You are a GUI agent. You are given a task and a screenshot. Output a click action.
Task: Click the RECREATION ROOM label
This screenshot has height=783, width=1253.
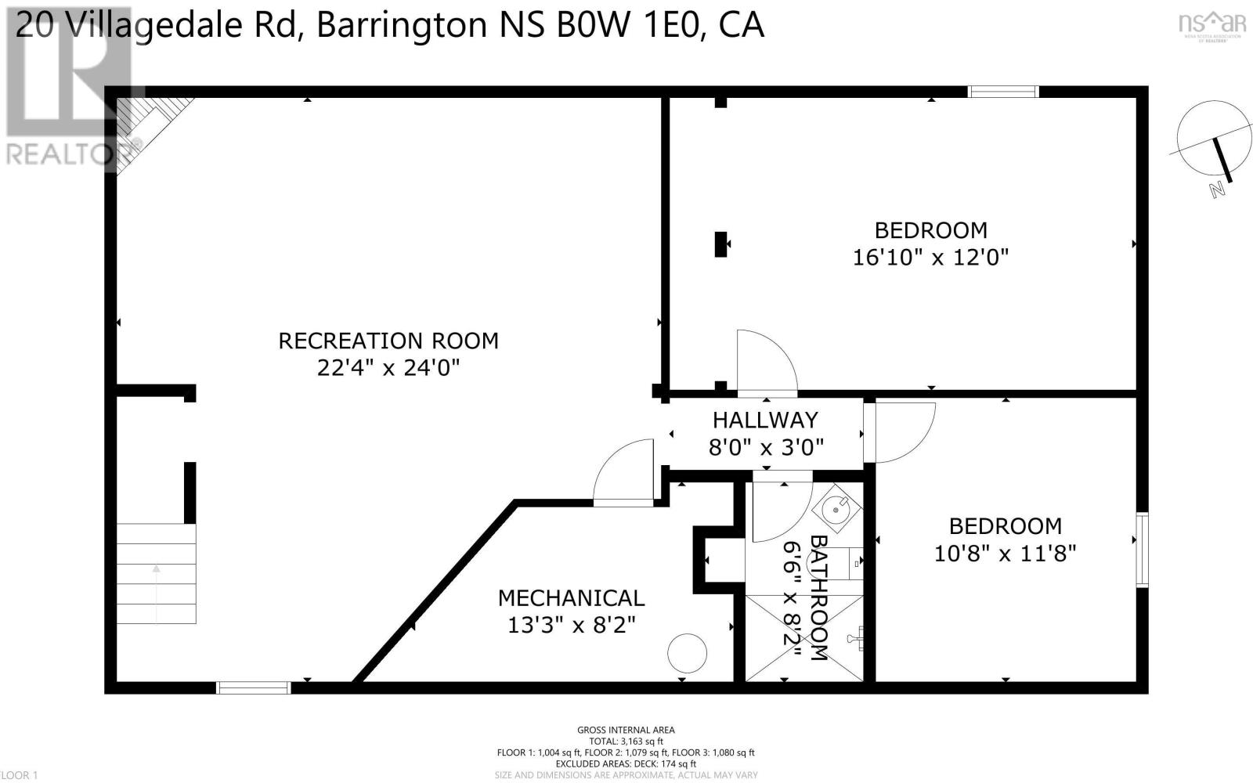click(x=388, y=341)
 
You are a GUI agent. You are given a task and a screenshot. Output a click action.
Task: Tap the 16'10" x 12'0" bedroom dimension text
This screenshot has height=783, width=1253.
click(x=930, y=257)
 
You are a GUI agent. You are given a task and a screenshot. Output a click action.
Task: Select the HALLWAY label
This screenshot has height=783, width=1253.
click(x=764, y=420)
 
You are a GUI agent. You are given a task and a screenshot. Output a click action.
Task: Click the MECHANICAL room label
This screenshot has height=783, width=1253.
click(x=571, y=598)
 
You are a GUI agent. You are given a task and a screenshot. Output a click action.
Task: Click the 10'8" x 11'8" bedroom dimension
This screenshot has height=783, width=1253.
click(x=1005, y=554)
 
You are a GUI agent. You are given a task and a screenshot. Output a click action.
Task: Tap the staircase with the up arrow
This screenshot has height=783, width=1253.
click(x=156, y=573)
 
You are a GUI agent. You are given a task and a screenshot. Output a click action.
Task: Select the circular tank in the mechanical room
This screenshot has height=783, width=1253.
click(x=687, y=652)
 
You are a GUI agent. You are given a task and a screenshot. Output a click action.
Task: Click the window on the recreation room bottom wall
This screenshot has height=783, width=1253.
click(x=253, y=687)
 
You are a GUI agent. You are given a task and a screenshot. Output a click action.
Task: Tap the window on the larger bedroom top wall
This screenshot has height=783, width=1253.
click(x=1003, y=92)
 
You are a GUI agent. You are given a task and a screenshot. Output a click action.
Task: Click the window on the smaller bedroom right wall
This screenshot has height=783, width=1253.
click(x=1142, y=549)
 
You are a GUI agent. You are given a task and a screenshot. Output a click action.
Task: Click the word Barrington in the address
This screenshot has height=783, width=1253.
click(x=402, y=25)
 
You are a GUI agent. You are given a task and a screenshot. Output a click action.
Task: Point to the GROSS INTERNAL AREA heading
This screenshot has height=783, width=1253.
click(x=626, y=730)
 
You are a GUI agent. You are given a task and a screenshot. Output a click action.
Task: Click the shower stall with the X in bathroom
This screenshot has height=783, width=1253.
click(x=803, y=638)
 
